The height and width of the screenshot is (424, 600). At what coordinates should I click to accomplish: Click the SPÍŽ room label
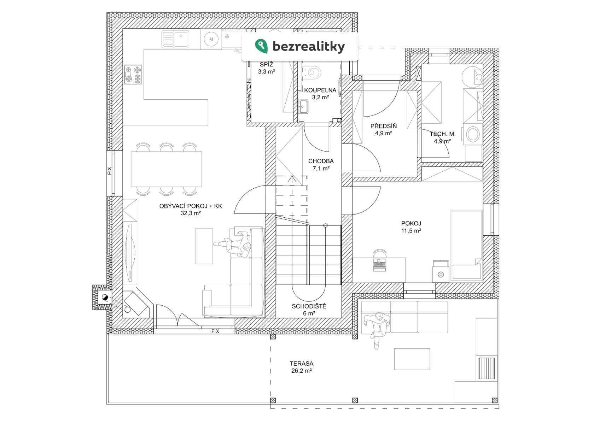coord(266,65)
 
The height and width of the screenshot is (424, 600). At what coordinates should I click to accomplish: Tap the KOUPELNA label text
coord(320,90)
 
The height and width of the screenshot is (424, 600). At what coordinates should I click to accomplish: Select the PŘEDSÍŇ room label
coord(383,126)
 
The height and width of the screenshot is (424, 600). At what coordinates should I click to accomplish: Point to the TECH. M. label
coord(442,134)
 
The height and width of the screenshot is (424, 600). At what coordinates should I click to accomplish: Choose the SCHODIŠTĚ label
coord(309,306)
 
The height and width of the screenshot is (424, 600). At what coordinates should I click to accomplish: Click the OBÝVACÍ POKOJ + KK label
coord(191,206)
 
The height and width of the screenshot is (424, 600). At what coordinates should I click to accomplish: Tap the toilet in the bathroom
coord(314,72)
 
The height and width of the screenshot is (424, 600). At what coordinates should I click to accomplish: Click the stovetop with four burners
coord(133,74)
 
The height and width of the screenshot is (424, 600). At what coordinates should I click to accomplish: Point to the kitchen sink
coord(175,39)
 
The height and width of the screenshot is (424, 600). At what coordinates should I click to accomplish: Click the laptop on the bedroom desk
coord(379,265)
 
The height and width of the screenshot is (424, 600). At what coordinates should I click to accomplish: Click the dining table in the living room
coord(166,169)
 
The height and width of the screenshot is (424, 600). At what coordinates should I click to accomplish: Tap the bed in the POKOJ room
coord(466,244)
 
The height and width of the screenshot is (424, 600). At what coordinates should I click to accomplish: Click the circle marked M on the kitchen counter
coord(211,39)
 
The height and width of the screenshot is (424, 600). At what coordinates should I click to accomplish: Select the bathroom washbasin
coord(303,106)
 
